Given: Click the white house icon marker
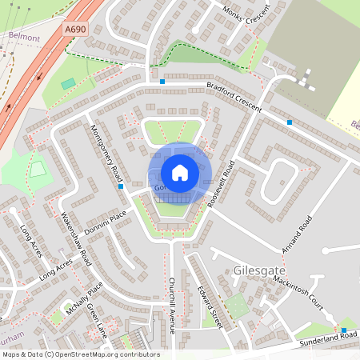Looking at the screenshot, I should click(x=180, y=172).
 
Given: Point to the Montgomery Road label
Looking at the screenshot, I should click(x=105, y=153).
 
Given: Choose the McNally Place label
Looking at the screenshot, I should click(x=85, y=298).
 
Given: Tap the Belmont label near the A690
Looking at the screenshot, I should click(x=23, y=37).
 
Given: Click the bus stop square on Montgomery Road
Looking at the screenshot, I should click(x=120, y=186).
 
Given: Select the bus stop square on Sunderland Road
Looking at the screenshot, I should click(x=344, y=330).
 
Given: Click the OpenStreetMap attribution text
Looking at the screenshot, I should click(x=81, y=354).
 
